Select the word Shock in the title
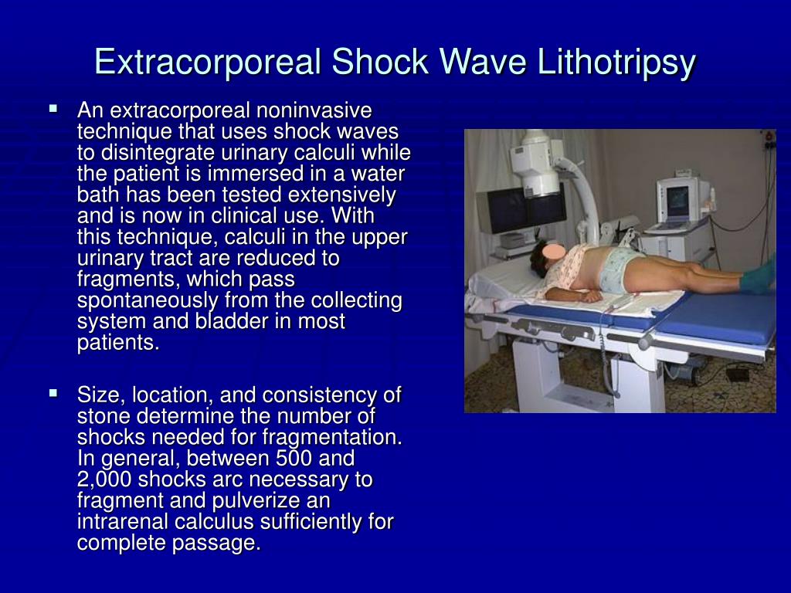380,62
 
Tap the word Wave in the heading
482,62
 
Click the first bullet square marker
53,108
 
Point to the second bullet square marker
53,392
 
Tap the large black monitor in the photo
522,210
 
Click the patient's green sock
759,276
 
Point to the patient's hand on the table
588,296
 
